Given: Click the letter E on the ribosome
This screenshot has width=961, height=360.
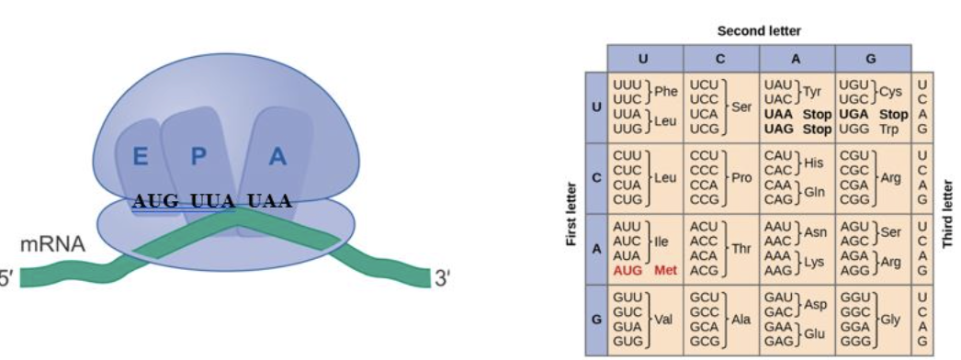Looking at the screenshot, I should click(140, 157).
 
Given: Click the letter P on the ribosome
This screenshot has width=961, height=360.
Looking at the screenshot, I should click(198, 157).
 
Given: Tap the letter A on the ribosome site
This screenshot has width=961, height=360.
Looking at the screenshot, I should click(277, 157).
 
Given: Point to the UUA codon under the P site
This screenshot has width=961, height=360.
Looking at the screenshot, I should click(213, 201).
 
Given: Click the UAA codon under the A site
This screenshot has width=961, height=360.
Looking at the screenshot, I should click(269, 201).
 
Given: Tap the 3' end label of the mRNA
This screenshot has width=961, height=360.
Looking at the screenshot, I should click(441, 277).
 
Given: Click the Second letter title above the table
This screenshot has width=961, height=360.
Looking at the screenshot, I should click(759, 31).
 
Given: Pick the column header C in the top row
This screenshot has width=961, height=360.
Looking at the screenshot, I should click(720, 59).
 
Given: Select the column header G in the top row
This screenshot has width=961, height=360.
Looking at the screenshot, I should click(871, 59).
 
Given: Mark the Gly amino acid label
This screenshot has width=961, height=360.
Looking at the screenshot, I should click(890, 321).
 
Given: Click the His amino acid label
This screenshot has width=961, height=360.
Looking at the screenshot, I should click(814, 163).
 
